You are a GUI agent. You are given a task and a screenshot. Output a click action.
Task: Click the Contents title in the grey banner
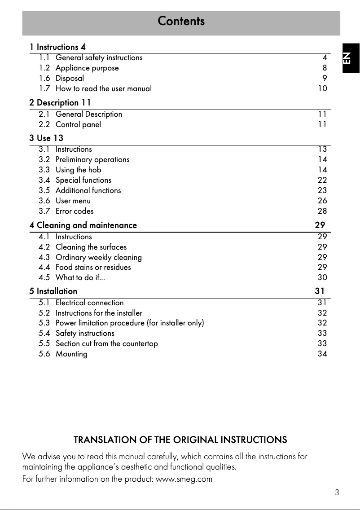point(181,21)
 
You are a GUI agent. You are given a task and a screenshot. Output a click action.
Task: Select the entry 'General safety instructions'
point(99,57)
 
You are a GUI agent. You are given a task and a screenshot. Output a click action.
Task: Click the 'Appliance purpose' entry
point(87,68)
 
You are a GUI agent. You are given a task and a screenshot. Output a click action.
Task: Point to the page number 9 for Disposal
point(325,78)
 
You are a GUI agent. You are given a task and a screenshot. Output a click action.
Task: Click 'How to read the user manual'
point(103,88)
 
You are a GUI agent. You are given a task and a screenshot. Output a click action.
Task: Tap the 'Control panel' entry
point(78,124)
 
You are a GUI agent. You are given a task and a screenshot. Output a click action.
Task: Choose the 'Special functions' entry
point(83,180)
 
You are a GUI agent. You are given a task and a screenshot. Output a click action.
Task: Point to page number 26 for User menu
point(322,201)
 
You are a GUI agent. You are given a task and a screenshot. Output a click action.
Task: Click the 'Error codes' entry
point(75,211)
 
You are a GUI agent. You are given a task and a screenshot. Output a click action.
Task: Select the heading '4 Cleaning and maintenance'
point(83,225)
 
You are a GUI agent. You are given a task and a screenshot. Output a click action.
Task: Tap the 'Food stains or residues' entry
point(93,267)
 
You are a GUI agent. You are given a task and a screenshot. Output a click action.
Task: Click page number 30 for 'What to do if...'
point(322,277)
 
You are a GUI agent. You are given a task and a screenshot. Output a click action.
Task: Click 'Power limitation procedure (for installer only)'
point(130,323)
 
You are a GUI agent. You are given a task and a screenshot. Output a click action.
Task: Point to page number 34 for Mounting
point(322,354)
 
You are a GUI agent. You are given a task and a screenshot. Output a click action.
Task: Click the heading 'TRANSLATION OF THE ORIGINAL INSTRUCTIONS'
point(180,440)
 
